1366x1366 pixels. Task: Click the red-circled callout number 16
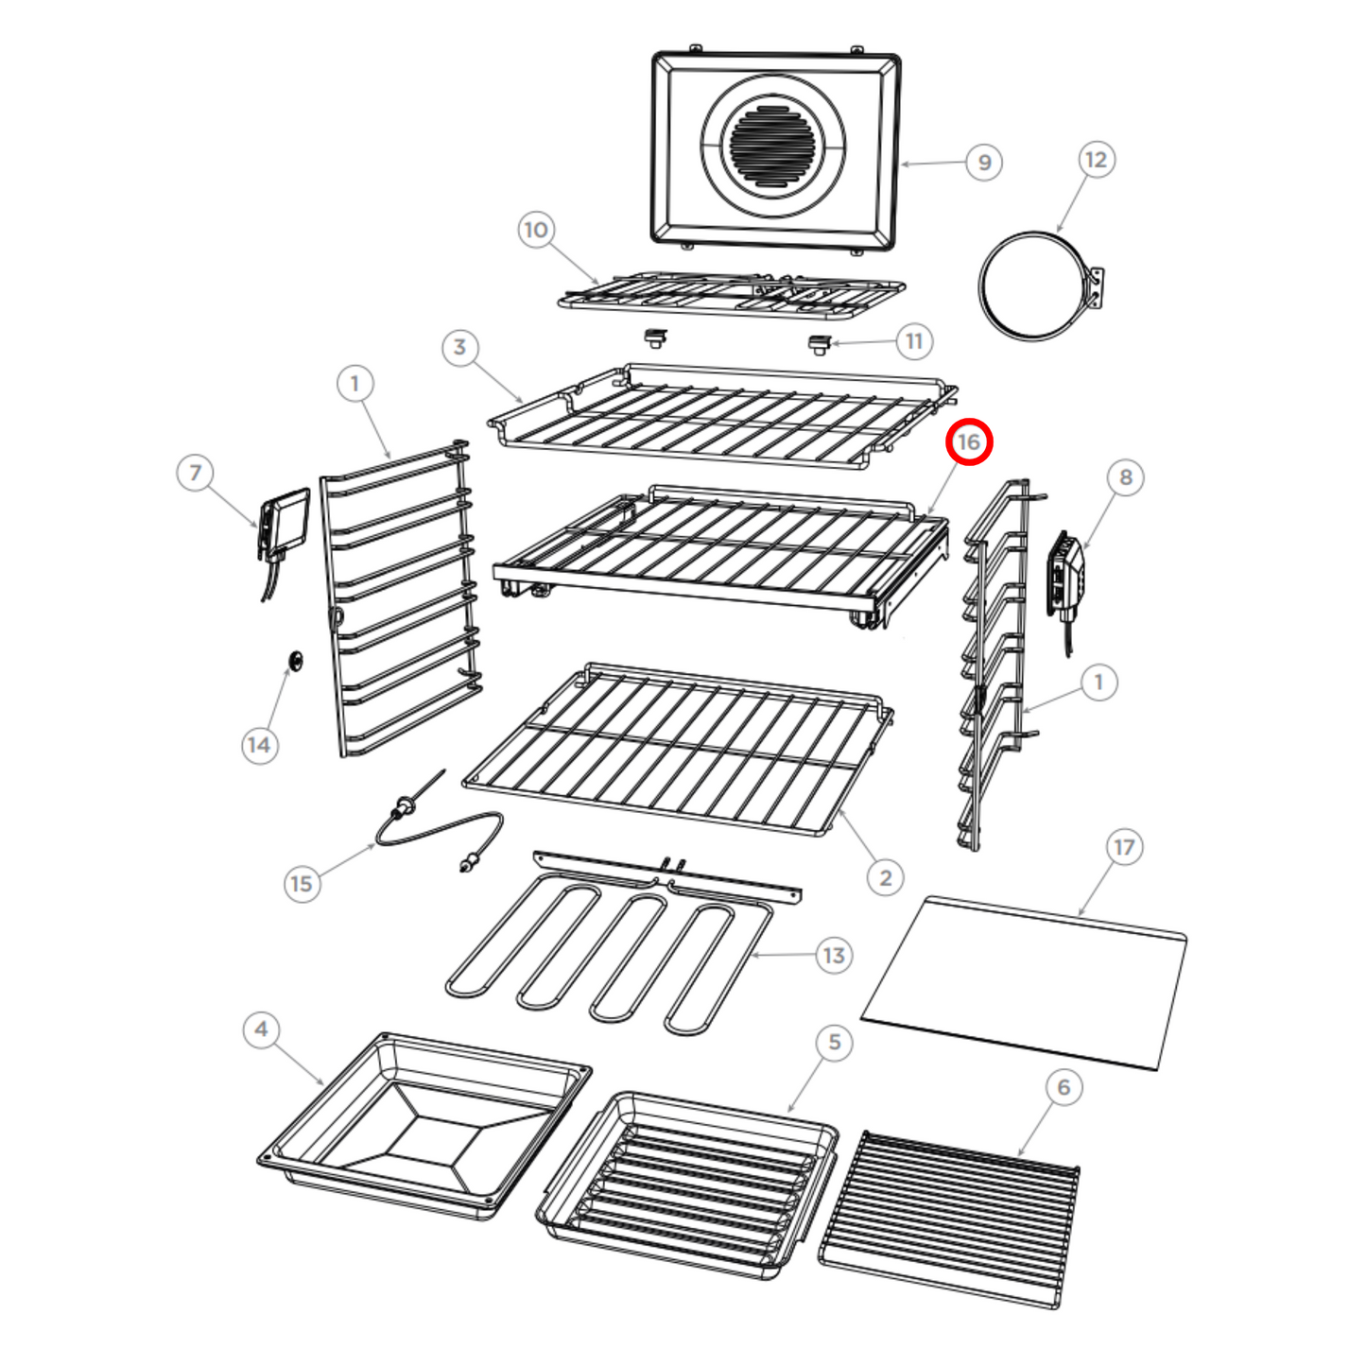(968, 441)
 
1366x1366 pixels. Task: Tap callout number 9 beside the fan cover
(984, 163)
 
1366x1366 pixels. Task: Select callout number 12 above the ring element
(1096, 160)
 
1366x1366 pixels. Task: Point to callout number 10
(536, 230)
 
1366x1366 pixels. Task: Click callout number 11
(914, 341)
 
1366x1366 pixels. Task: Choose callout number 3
(460, 347)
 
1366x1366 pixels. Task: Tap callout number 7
(196, 472)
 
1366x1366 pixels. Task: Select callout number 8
(1126, 477)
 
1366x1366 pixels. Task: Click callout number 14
(259, 745)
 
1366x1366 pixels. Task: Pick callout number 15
(302, 884)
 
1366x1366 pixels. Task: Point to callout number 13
(834, 956)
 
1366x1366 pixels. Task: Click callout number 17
(1124, 847)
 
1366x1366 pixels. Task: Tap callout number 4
(262, 1029)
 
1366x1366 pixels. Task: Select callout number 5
(835, 1042)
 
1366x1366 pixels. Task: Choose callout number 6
(1063, 1087)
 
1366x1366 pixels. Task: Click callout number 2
(886, 878)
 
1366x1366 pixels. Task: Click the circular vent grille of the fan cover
(773, 147)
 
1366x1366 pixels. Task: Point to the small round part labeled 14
(296, 661)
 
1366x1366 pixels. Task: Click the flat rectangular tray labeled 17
(1025, 983)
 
